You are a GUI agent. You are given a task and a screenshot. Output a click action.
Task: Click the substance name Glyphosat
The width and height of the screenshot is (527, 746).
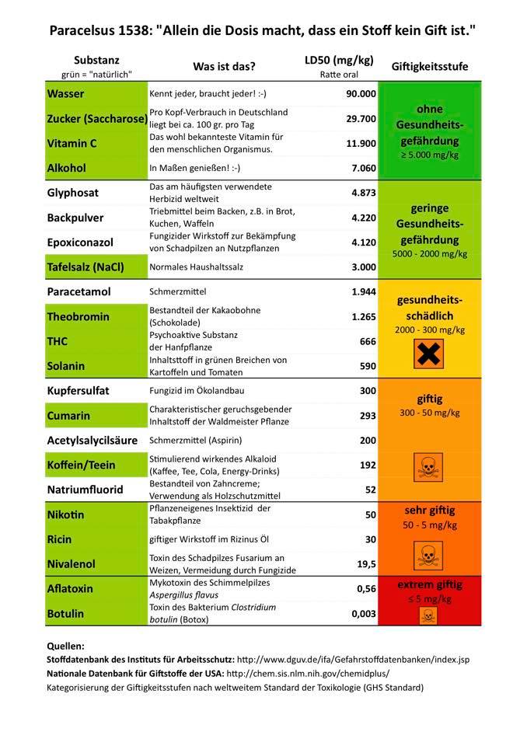coord(72,193)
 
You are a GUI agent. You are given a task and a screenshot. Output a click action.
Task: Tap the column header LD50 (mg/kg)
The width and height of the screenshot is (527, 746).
coord(338,61)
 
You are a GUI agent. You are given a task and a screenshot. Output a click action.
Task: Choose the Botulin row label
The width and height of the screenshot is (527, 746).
coord(65,613)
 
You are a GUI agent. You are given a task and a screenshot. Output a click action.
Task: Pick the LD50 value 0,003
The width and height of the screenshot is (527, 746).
coord(363,614)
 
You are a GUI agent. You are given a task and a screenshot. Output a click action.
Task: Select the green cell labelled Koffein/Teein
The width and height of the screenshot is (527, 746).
coord(82,465)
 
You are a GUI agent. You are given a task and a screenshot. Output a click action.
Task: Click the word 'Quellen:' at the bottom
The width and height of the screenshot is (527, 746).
coord(65,646)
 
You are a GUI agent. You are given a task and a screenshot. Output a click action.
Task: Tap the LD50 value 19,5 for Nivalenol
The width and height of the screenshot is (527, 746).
coord(365,563)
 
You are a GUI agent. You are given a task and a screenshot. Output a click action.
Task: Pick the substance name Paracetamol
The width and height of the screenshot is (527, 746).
coord(79,291)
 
